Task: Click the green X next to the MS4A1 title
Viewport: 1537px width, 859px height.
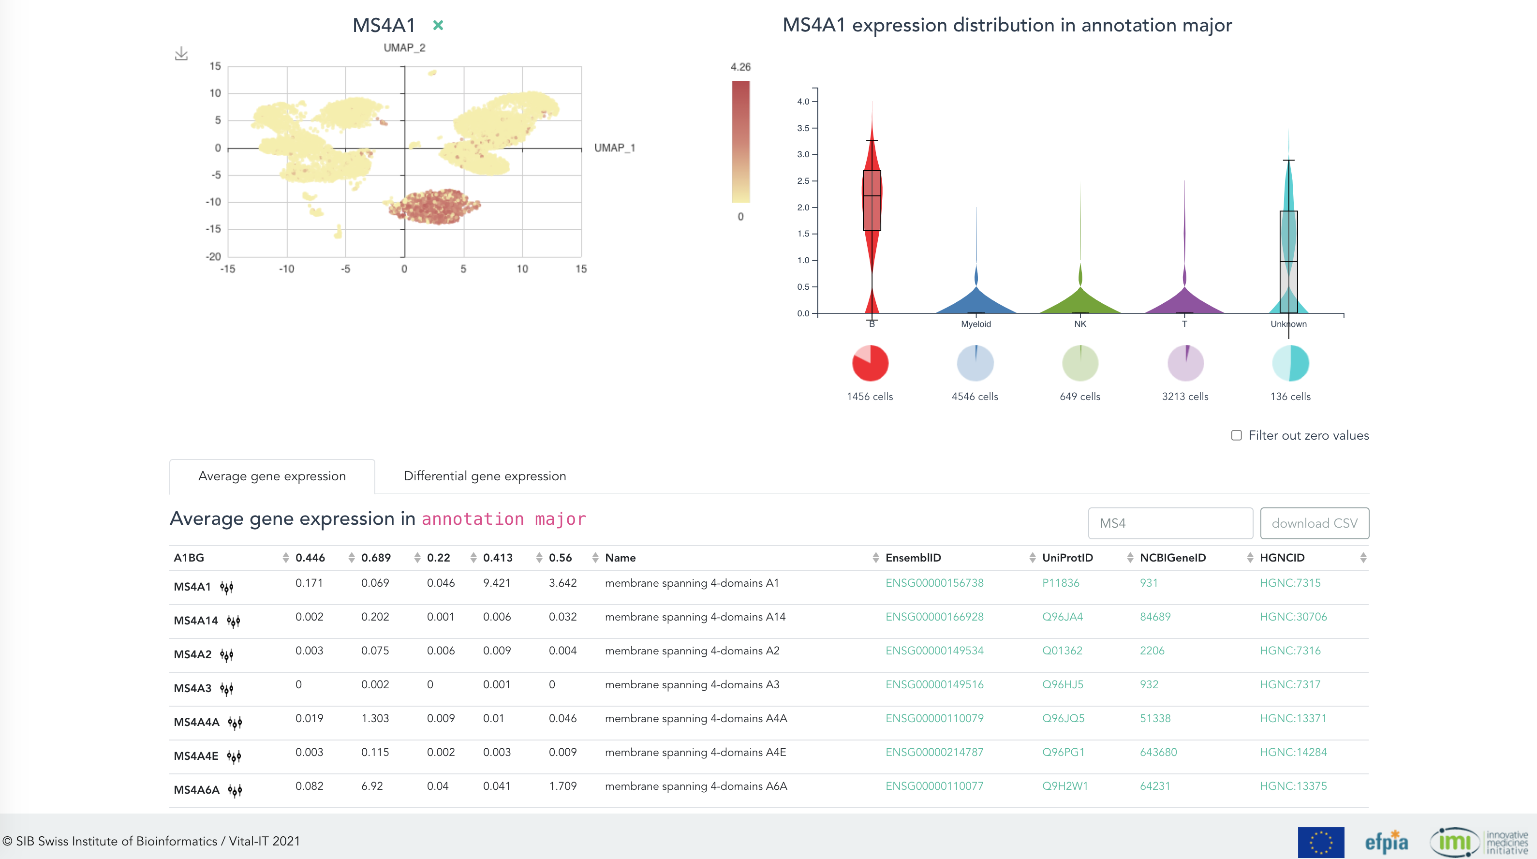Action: pyautogui.click(x=438, y=25)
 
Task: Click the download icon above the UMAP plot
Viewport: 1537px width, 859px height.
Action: pyautogui.click(x=181, y=54)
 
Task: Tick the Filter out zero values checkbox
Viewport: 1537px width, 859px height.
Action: pyautogui.click(x=1236, y=435)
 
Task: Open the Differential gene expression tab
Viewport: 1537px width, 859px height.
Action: pyautogui.click(x=485, y=476)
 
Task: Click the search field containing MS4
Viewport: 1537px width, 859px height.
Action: pyautogui.click(x=1169, y=523)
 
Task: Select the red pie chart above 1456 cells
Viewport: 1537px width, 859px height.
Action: pyautogui.click(x=870, y=363)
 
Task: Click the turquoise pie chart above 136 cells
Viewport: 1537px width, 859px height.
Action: pyautogui.click(x=1290, y=363)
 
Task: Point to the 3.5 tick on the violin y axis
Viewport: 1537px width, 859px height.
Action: pyautogui.click(x=803, y=128)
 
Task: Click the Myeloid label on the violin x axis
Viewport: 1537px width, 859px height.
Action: pyautogui.click(x=975, y=324)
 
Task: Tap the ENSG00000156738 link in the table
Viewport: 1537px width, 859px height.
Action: pyautogui.click(x=934, y=583)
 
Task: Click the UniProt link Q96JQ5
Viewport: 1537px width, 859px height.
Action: pyautogui.click(x=1063, y=718)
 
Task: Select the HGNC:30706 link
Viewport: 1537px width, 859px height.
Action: pyautogui.click(x=1293, y=617)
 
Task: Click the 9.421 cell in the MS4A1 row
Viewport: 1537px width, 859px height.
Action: pyautogui.click(x=496, y=583)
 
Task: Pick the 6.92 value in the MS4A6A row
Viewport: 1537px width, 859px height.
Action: pyautogui.click(x=372, y=786)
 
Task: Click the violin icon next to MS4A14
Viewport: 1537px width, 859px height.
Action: pyautogui.click(x=233, y=621)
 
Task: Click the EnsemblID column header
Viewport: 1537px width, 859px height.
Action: pyautogui.click(x=913, y=558)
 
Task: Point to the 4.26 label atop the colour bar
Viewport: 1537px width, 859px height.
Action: pyautogui.click(x=740, y=67)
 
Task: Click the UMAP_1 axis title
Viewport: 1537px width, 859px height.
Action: pyautogui.click(x=614, y=148)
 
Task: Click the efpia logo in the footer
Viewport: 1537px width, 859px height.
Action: pyautogui.click(x=1386, y=842)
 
